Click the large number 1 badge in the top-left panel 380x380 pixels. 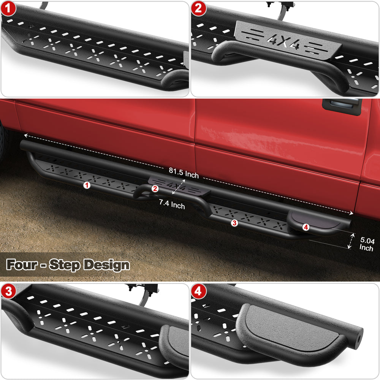[8, 9]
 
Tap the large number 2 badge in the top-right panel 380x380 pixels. [198, 9]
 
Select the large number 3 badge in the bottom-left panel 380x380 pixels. [8, 291]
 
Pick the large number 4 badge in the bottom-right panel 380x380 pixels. [198, 291]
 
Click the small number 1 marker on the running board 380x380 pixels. [87, 185]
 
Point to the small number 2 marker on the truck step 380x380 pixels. [155, 188]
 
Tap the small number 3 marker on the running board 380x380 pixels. [234, 223]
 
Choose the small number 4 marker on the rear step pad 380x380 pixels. [306, 227]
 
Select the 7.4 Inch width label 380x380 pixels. [172, 205]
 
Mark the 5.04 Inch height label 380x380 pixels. [367, 244]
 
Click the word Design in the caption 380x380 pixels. [106, 264]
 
